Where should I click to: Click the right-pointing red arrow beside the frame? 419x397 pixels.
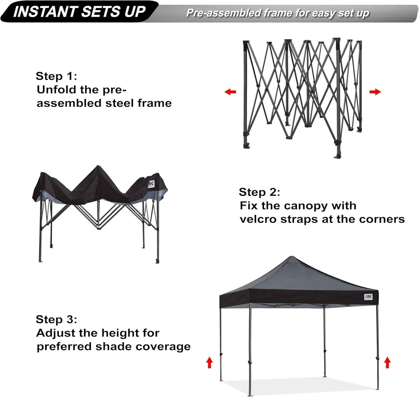coord(375,92)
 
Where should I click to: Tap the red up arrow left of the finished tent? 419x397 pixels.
coord(209,362)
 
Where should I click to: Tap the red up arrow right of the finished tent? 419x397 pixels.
coord(387,362)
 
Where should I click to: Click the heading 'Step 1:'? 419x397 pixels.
coord(56,76)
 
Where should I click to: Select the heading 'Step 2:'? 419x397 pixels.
coord(259,192)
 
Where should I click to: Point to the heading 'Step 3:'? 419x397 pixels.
coord(56,319)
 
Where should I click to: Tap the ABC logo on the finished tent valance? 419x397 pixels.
coord(368,297)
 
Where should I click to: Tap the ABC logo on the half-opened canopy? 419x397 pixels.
coord(151,184)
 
